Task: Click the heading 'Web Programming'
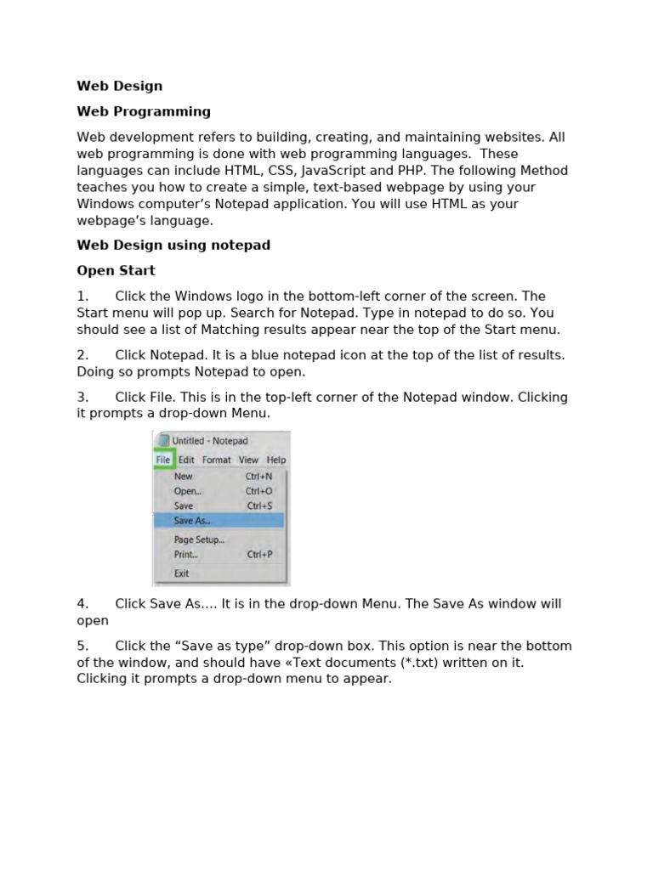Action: [144, 111]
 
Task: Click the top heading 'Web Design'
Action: [119, 86]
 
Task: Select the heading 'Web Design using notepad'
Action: [173, 245]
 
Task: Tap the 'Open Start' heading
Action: [116, 270]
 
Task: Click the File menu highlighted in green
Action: [163, 460]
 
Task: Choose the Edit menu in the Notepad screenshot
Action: [186, 460]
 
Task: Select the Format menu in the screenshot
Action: [216, 460]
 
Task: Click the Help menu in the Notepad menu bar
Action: [276, 460]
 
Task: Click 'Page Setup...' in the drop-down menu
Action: [199, 540]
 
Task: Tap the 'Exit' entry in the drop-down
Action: [182, 573]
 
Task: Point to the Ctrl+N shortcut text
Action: [258, 477]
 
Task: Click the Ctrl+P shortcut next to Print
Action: [259, 555]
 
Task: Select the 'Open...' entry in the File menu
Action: [188, 491]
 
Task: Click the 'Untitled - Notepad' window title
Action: [210, 441]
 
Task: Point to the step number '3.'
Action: [82, 397]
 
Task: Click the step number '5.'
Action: [82, 646]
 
